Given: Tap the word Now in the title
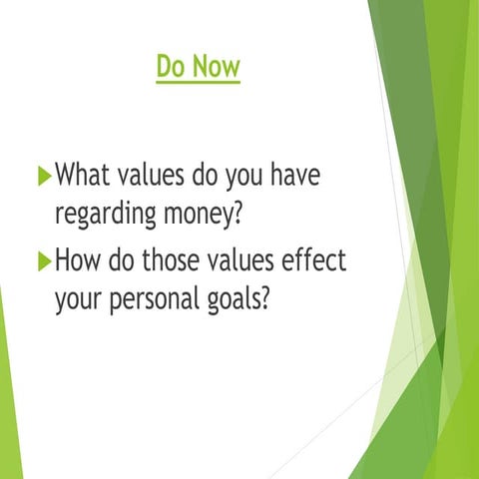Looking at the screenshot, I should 217,67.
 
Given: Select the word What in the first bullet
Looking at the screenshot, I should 84,178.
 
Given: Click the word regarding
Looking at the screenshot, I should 104,216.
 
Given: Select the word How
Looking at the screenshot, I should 80,261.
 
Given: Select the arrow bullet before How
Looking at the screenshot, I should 43,262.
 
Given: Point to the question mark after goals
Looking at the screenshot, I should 265,297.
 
